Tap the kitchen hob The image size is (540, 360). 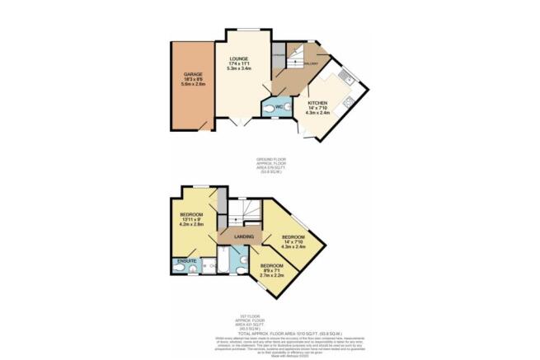click(x=350, y=101)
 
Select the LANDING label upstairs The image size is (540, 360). click(x=244, y=237)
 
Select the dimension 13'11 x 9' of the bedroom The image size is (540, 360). click(x=193, y=219)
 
